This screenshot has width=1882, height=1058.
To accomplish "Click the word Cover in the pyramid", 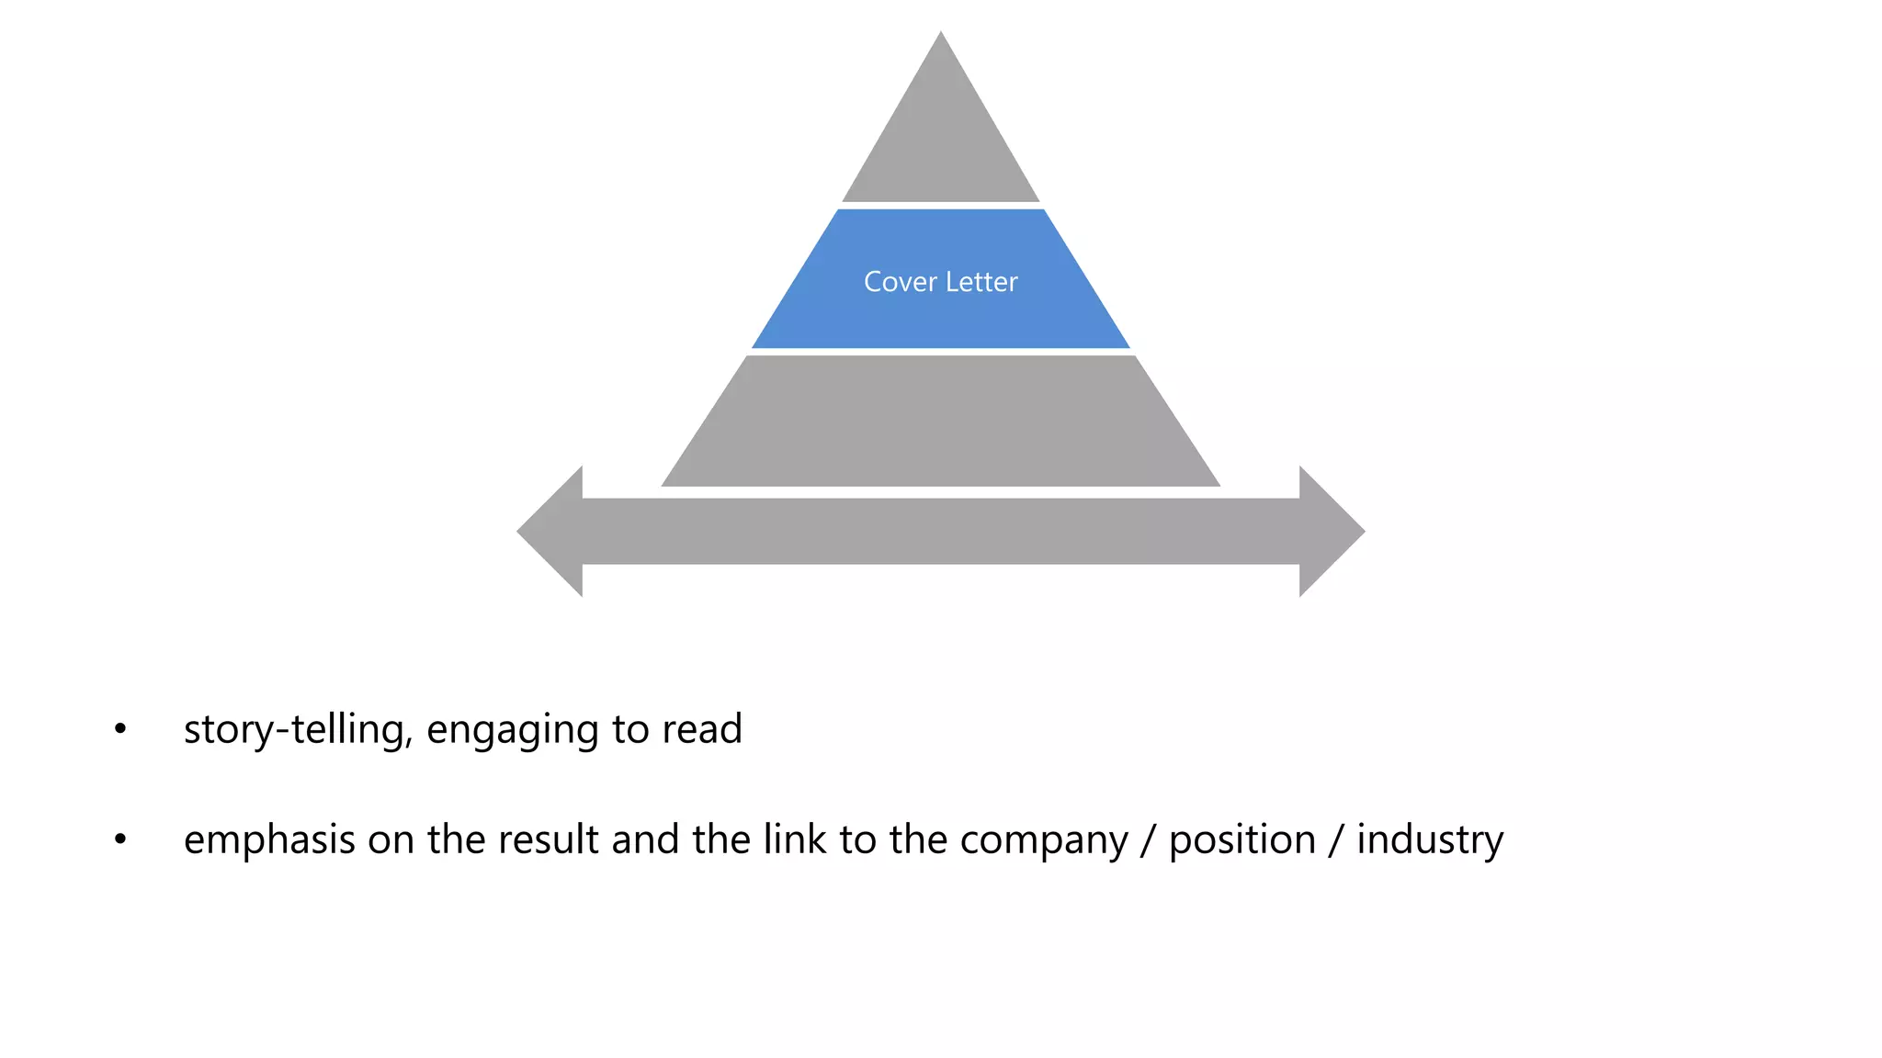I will coord(900,282).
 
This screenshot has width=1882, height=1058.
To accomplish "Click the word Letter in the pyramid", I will coord(981,282).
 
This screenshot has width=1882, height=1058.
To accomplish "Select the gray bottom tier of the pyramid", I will coord(941,422).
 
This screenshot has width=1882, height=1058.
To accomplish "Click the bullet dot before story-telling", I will coord(120,730).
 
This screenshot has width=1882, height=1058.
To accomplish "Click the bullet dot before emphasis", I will coord(120,839).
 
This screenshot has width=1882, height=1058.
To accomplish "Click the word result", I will coord(548,839).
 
